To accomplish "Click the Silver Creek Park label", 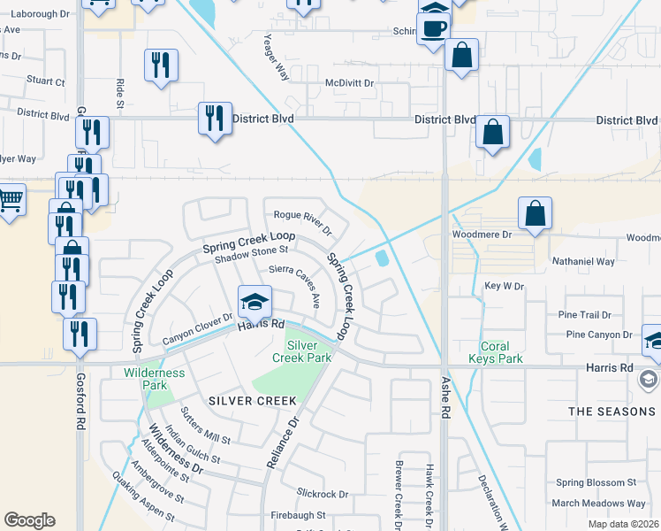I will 308,350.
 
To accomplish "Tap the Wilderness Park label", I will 155,379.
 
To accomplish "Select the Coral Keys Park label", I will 501,352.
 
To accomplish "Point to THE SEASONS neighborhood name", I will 612,412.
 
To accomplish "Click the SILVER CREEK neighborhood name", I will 253,401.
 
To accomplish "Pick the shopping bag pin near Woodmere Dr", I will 535,214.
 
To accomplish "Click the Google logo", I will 29,520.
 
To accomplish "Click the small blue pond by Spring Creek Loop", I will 382,258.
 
